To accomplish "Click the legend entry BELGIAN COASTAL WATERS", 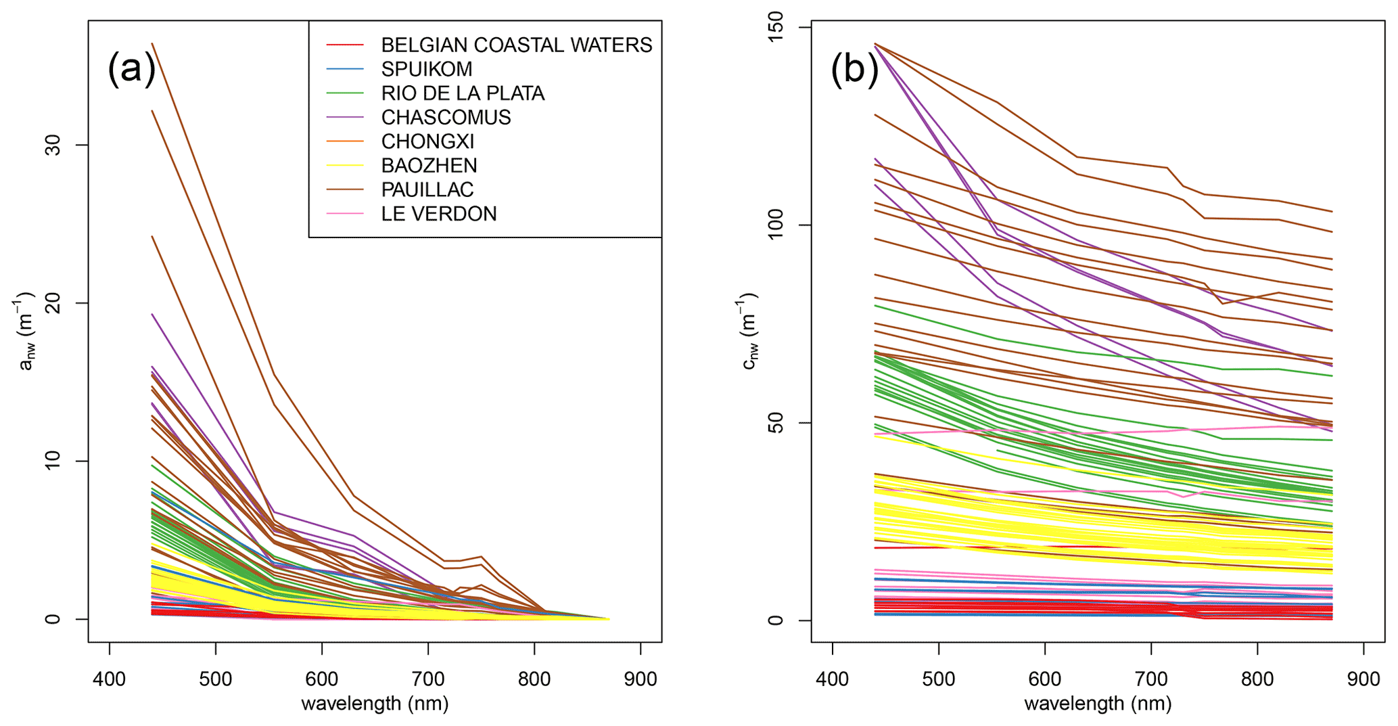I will [516, 45].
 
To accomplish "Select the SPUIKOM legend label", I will [426, 69].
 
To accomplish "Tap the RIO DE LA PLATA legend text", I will [463, 93].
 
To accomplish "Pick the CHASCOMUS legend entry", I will [446, 117].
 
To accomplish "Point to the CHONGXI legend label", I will [427, 141].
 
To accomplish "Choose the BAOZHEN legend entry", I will [429, 166].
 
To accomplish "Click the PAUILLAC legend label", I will [427, 189].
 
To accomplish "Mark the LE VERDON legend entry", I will [439, 214].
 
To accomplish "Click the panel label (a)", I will [132, 69].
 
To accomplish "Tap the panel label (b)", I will [855, 69].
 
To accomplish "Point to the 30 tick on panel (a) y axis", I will [52, 145].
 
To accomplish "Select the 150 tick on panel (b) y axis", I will [776, 27].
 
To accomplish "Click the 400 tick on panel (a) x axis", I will [110, 679].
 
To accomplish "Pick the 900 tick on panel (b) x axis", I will [1364, 679].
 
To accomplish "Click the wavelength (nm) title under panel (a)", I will [375, 704].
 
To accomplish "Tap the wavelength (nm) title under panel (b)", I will [1098, 704].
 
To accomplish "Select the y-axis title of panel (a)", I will [26, 332].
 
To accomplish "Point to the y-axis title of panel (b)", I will [749, 332].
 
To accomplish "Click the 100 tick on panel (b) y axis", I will [776, 225].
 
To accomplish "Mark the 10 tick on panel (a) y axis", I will [52, 461].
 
